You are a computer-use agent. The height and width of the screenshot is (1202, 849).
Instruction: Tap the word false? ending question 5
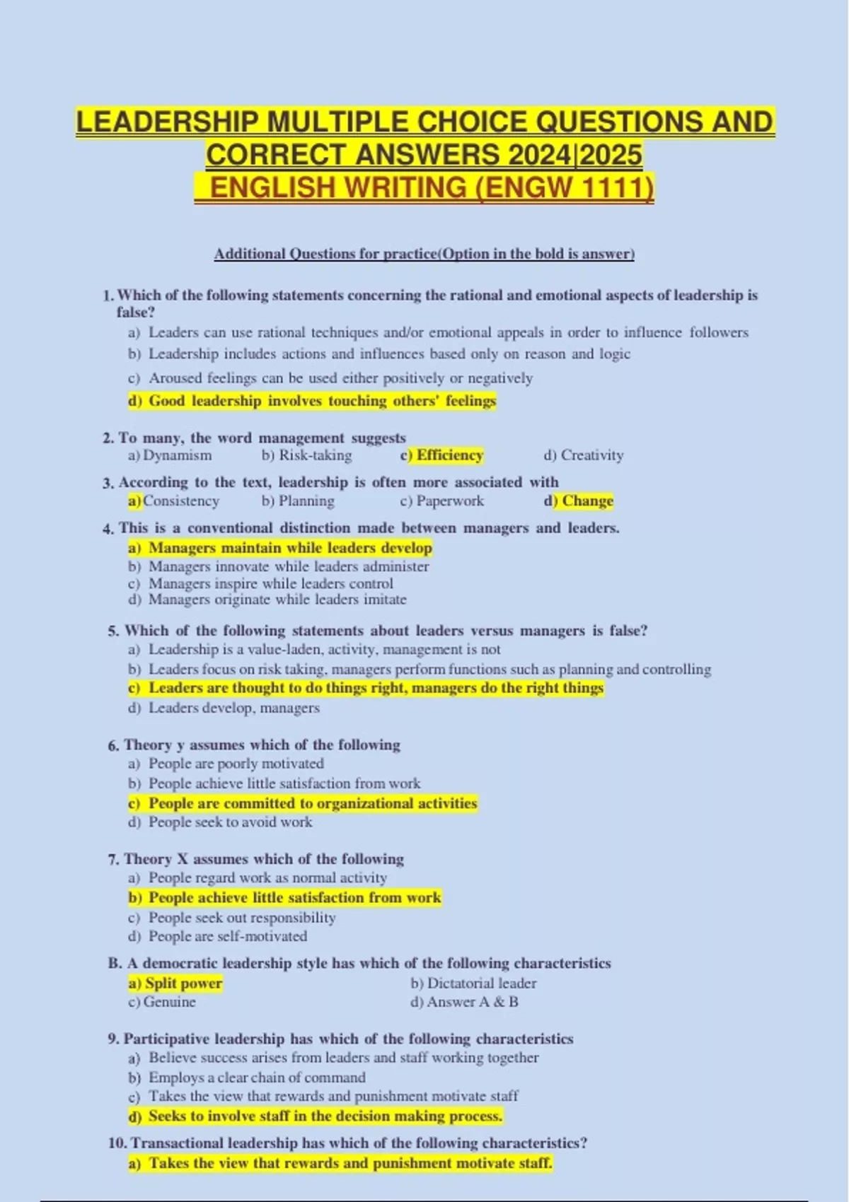(x=628, y=631)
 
